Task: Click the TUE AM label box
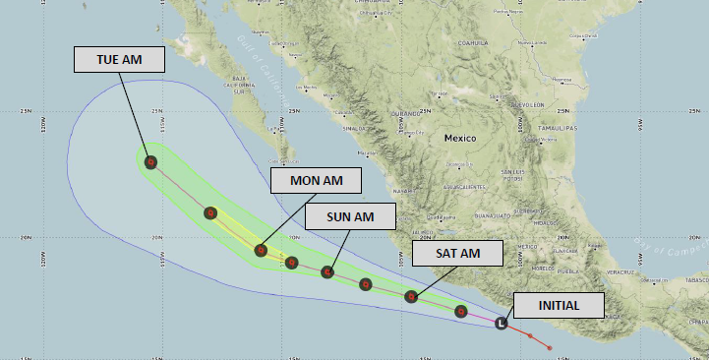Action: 119,59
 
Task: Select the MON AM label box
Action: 316,181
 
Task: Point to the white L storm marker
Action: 502,322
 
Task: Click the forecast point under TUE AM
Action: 150,162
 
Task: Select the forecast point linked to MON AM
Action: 261,250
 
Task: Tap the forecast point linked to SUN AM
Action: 328,271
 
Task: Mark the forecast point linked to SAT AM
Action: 412,296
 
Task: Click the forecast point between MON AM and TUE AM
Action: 209,212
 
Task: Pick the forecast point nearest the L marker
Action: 461,312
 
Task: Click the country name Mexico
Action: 459,138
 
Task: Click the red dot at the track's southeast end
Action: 549,347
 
